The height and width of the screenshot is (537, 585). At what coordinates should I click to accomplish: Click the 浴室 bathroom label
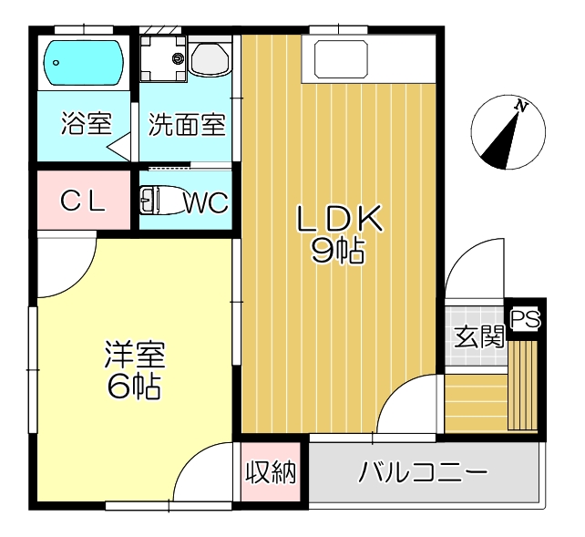coord(87,123)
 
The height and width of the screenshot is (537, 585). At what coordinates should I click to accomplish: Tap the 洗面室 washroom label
coord(187,123)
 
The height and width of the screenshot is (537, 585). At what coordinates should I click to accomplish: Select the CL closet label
coord(83,201)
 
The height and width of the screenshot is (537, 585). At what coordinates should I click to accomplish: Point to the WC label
coord(205,201)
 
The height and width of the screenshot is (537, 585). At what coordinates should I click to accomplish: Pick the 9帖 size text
coord(338,250)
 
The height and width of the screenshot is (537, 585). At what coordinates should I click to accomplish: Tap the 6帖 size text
coord(134,387)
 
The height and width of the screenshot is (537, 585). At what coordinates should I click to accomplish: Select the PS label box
coord(525,320)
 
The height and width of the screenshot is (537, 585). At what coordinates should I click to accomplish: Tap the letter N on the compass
coord(521,106)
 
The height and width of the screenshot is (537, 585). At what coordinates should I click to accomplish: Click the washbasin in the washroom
coord(210,60)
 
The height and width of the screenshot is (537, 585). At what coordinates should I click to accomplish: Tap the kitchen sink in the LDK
coord(339,59)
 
